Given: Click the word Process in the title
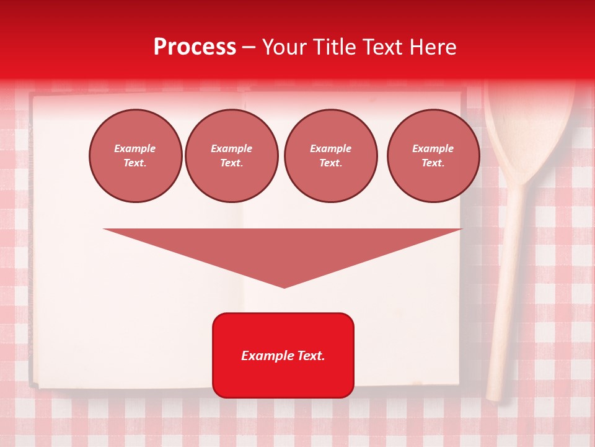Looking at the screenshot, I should click(195, 47).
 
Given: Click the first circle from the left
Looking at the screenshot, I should click(136, 156).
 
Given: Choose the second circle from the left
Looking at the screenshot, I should click(232, 156).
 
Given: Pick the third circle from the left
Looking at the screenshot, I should click(330, 156).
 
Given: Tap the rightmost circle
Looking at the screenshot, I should click(433, 156).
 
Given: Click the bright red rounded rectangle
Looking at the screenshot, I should click(283, 355).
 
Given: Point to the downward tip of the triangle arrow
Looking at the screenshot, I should click(284, 286).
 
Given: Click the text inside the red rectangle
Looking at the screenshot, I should click(283, 356).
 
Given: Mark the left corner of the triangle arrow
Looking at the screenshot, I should click(106, 230).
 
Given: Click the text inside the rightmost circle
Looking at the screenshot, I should click(433, 156).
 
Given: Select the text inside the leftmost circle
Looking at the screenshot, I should click(135, 156).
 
